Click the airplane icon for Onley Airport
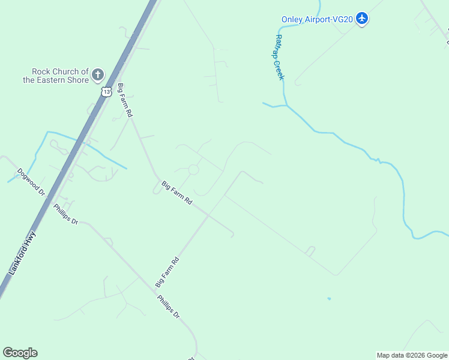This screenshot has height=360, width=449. click(361, 19)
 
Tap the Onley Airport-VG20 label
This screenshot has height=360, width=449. click(317, 19)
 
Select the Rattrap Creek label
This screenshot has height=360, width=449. click(280, 57)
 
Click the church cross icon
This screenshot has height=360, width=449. click(97, 76)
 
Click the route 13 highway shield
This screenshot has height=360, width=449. click(106, 91)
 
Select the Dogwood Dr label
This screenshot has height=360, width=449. click(32, 181)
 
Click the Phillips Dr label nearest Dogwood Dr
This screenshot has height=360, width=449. click(65, 214)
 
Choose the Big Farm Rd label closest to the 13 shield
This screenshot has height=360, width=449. click(125, 100)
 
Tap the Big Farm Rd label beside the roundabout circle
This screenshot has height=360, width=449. click(176, 193)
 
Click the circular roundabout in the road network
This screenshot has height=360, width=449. click(193, 170)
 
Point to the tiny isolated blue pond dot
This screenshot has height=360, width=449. click(329, 298)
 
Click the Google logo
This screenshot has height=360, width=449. click(20, 353)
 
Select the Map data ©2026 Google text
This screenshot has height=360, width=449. click(412, 355)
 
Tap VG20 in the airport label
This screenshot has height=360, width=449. click(343, 19)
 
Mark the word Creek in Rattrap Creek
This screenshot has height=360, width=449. click(280, 69)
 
